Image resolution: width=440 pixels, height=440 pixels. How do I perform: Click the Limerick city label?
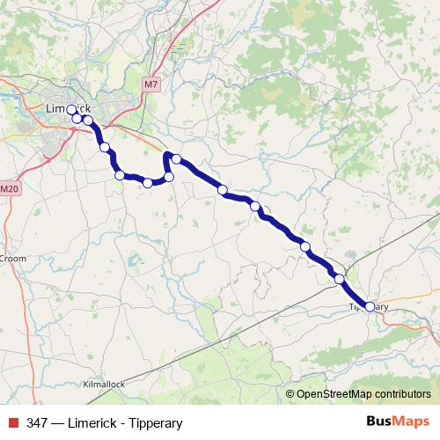tap(67, 107)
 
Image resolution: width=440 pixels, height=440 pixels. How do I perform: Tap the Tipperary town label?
tap(369, 306)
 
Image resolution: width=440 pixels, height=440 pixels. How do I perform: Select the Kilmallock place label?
tap(105, 385)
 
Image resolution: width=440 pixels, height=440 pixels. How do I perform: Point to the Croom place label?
tap(13, 259)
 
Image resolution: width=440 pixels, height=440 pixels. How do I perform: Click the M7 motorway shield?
tap(151, 84)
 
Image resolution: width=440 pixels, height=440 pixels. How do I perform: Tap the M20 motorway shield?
tap(9, 189)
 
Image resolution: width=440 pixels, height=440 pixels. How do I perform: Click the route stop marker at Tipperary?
tap(370, 306)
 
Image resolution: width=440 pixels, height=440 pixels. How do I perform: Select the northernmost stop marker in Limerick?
tap(72, 110)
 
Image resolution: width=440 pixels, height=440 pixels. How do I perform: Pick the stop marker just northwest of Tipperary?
tap(340, 278)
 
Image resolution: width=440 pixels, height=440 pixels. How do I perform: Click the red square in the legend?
tap(12, 423)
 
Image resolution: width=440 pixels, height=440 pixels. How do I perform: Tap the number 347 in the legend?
tap(37, 423)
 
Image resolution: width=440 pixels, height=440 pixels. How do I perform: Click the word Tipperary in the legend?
tap(154, 423)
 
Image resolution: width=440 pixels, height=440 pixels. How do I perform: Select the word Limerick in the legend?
tap(94, 423)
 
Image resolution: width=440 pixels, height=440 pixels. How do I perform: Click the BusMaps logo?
tap(398, 422)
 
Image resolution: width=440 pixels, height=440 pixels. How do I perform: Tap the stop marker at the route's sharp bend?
tap(176, 159)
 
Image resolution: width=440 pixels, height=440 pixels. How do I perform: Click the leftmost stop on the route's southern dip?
tap(120, 175)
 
